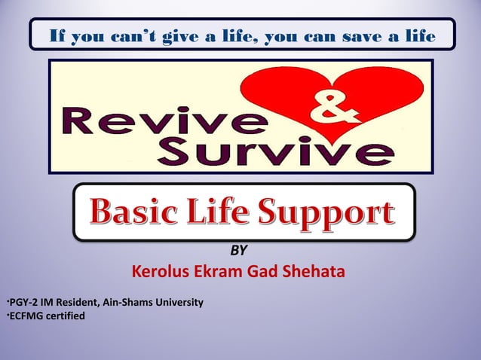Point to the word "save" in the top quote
(361, 35)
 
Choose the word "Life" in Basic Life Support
(225, 212)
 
